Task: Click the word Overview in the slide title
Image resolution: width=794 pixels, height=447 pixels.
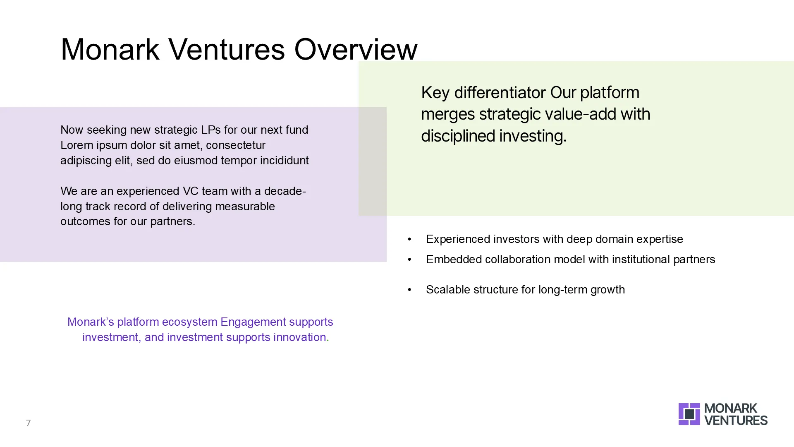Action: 356,49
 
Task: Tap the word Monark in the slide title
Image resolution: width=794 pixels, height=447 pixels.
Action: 110,49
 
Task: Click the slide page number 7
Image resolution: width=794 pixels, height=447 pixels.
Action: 28,423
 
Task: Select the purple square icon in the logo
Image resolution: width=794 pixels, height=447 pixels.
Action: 689,414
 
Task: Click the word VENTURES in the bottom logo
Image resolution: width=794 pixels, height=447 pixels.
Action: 736,421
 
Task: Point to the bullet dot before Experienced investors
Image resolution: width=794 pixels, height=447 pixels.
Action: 409,239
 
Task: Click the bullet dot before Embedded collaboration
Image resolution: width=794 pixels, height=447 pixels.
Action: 409,260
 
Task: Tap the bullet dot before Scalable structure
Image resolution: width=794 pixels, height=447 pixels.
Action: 409,290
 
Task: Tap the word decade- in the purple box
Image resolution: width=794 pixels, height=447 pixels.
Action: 285,191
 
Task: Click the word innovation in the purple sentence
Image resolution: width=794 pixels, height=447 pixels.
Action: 299,337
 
